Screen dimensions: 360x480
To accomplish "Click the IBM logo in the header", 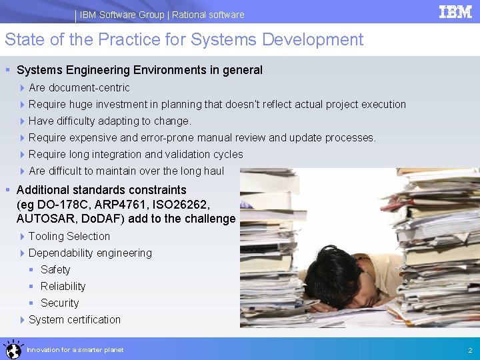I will [x=455, y=12].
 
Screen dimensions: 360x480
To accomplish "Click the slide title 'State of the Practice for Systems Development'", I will [x=184, y=40].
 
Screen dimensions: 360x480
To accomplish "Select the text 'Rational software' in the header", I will [x=208, y=15].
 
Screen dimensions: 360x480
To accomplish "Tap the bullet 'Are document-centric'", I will [x=79, y=87].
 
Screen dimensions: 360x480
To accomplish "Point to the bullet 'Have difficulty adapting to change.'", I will [x=110, y=121].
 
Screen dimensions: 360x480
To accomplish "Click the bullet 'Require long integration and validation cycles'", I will [x=136, y=154].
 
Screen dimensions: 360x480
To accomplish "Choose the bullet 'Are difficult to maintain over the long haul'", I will [x=127, y=171].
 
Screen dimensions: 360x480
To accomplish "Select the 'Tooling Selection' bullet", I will [x=69, y=236].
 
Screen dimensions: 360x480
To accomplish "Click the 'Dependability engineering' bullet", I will [x=90, y=253].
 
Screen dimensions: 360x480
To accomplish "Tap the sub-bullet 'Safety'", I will [x=55, y=269].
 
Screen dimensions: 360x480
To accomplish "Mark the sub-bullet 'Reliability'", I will [x=63, y=286].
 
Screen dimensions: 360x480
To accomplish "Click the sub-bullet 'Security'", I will [x=59, y=303].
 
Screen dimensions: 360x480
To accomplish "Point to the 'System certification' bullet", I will [x=75, y=319].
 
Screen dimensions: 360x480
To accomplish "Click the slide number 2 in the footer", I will [x=470, y=350].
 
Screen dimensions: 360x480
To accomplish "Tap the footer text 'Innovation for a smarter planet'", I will [x=75, y=350].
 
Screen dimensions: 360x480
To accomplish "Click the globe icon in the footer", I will [x=12, y=349].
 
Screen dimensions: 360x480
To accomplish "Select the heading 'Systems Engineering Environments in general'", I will [x=139, y=70].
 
